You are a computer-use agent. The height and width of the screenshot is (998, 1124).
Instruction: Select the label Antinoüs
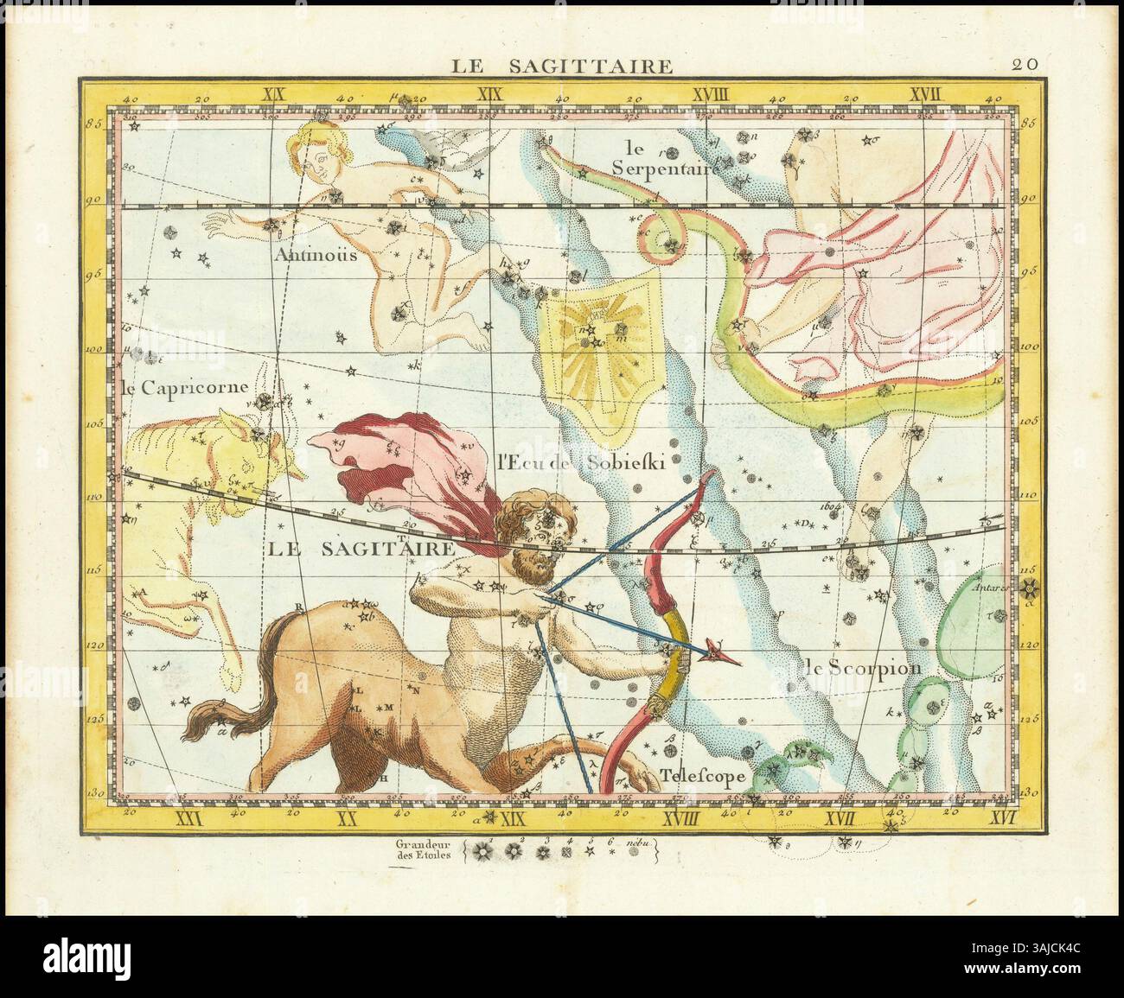[x=312, y=256]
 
